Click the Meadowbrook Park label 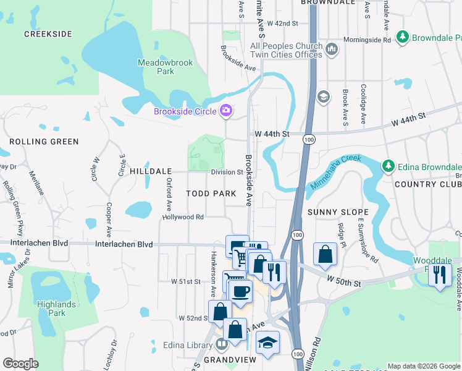(165, 67)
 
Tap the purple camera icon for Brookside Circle (226, 111)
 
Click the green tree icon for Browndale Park (403, 37)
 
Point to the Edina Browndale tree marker (388, 166)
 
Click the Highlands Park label (56, 309)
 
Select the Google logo (20, 364)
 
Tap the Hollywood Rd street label (183, 217)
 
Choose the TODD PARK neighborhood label (211, 194)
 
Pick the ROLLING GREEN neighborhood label (44, 142)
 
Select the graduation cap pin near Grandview (267, 343)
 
